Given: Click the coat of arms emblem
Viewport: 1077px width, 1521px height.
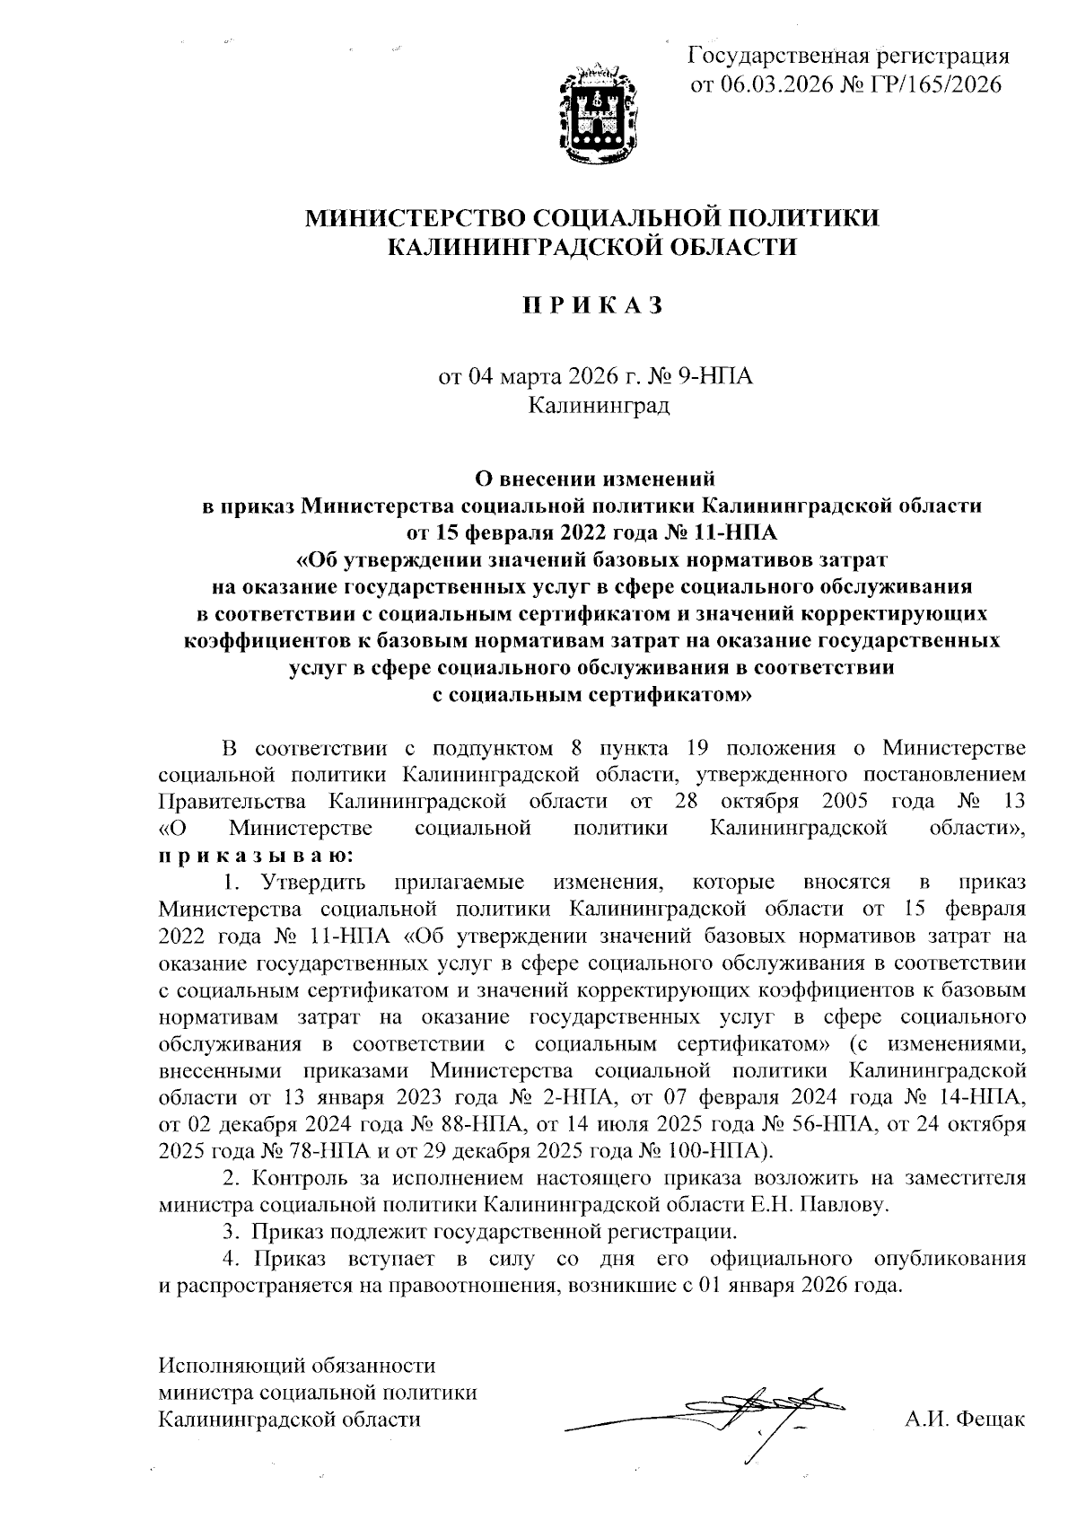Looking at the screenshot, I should click(600, 116).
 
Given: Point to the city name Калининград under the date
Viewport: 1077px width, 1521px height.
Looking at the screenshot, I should click(598, 405).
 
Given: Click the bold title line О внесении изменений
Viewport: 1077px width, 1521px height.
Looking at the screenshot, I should click(592, 478).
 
